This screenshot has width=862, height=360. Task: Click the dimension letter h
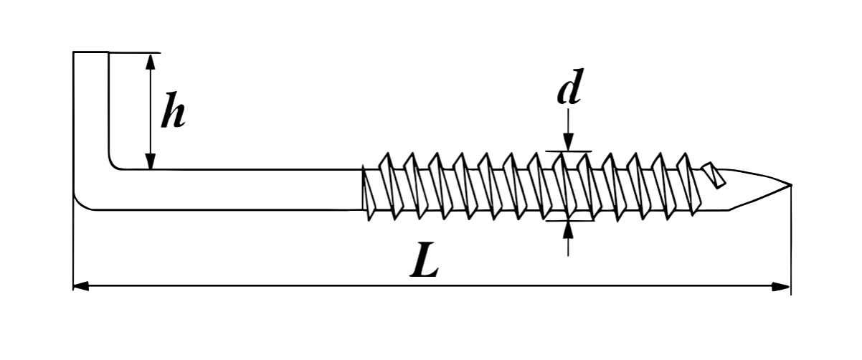(x=172, y=111)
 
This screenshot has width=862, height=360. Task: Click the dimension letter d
(x=569, y=90)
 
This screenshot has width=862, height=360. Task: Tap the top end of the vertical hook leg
(x=91, y=53)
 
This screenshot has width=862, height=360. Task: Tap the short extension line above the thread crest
(x=568, y=151)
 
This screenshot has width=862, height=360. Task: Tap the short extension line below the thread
(x=568, y=221)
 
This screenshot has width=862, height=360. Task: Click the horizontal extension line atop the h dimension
(x=136, y=52)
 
